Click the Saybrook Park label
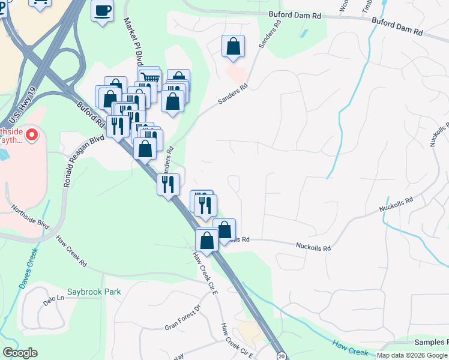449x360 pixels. pos(94,292)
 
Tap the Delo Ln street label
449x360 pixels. pos(53,298)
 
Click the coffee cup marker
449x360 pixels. pos(102,10)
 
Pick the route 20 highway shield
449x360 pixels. pos(281,355)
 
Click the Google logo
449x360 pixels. pos(20,353)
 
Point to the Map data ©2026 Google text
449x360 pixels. pos(412,355)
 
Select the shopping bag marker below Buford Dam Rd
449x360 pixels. pos(233,46)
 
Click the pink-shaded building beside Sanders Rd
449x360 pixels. pos(236,74)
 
